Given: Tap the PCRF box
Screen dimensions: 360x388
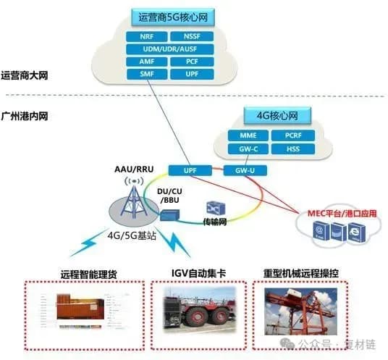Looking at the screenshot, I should [294, 135].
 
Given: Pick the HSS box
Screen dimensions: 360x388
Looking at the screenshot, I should [294, 148].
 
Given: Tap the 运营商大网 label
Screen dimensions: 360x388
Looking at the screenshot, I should [25, 75].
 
